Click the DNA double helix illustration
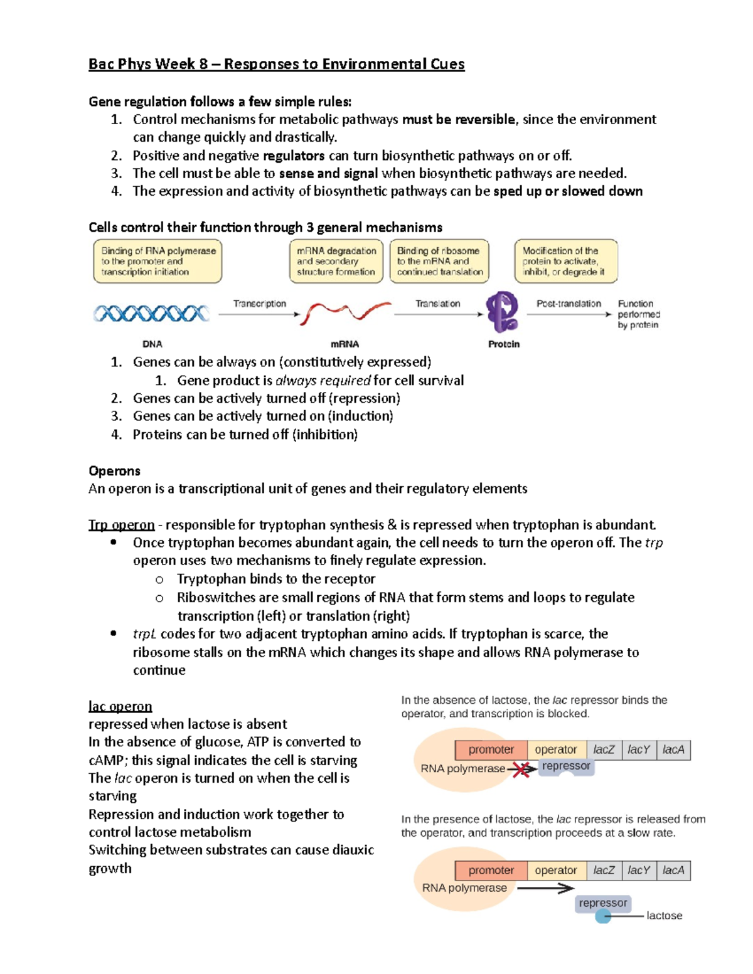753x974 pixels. [x=151, y=313]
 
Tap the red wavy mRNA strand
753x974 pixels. [x=344, y=312]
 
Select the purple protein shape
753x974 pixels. [x=503, y=312]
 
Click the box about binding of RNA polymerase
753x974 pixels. [x=158, y=261]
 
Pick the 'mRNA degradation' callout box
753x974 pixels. [x=336, y=261]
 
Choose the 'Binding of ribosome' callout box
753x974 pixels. [x=439, y=261]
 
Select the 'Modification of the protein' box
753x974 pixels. [x=565, y=261]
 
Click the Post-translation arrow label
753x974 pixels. [x=569, y=304]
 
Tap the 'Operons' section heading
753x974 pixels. [x=114, y=471]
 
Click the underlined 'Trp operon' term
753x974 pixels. [x=121, y=525]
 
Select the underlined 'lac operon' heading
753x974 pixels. [x=120, y=706]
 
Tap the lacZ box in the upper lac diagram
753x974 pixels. [x=604, y=749]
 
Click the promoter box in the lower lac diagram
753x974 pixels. [x=491, y=871]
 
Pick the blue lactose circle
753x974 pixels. [x=603, y=916]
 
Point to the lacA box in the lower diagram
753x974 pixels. [x=673, y=871]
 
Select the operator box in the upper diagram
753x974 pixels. [x=555, y=749]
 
